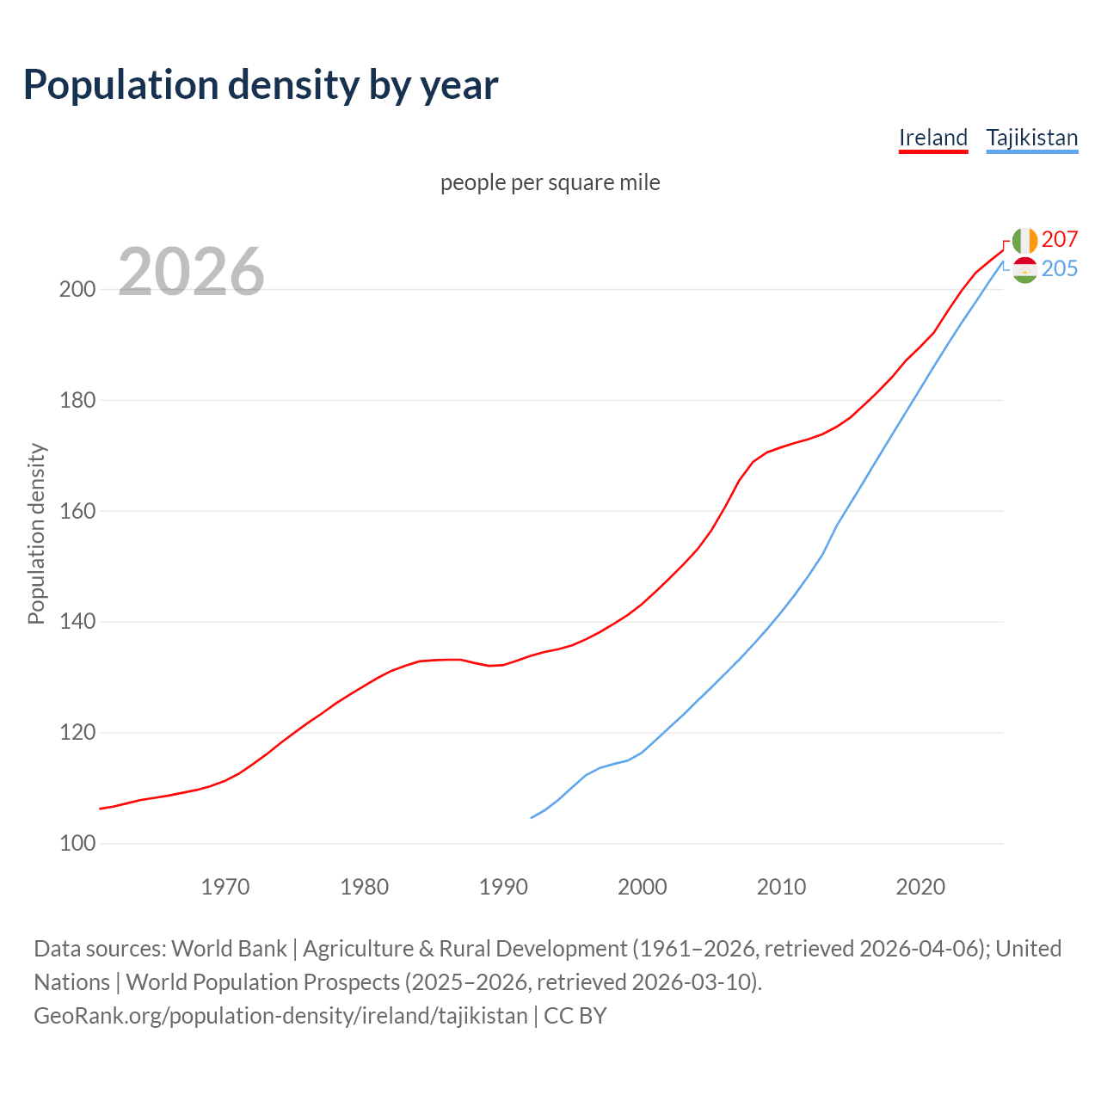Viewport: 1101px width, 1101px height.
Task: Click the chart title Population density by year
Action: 261,85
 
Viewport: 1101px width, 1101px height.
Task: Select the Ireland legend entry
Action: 933,138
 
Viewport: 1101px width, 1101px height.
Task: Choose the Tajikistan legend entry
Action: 1031,138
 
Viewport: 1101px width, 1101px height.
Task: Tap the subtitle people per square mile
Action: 550,182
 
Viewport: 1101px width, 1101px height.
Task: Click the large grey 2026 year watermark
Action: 191,272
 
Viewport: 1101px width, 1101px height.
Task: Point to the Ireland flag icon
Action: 1024,241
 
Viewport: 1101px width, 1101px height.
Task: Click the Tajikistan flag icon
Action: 1024,270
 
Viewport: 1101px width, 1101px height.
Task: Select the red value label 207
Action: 1060,239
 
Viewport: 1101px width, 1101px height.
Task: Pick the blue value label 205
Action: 1060,268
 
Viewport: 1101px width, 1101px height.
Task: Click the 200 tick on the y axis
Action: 77,289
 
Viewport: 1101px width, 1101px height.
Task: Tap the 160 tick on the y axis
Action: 77,511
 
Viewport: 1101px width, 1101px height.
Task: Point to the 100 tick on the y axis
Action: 77,844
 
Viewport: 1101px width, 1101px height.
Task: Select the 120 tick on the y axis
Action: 77,733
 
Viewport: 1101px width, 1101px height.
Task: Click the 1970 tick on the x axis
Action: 225,887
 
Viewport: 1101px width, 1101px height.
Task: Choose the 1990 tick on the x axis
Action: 503,887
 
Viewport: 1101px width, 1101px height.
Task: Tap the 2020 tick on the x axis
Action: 920,887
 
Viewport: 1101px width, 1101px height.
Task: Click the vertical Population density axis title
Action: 36,533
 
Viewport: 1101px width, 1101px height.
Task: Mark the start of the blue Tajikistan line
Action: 532,817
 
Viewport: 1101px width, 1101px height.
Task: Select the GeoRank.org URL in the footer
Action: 280,1016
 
